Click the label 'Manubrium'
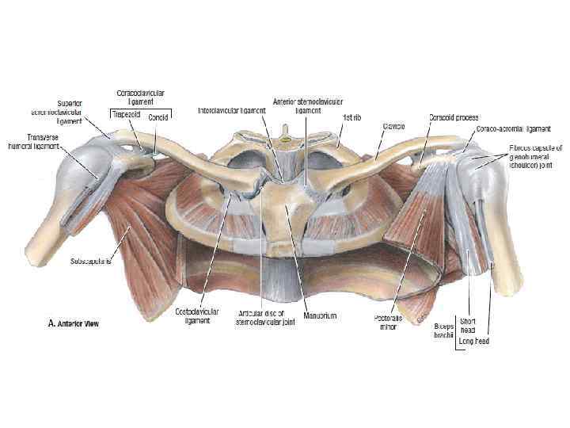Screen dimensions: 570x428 (320, 315)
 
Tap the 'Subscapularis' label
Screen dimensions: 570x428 (90, 260)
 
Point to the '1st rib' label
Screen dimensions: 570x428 (351, 117)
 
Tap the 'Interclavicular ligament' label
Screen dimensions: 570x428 (231, 111)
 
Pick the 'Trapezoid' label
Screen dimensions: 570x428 (125, 114)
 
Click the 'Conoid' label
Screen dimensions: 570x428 (159, 115)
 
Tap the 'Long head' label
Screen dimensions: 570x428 (473, 342)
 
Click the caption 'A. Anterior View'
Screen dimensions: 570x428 (70, 323)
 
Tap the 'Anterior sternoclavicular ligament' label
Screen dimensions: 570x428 (297, 106)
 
